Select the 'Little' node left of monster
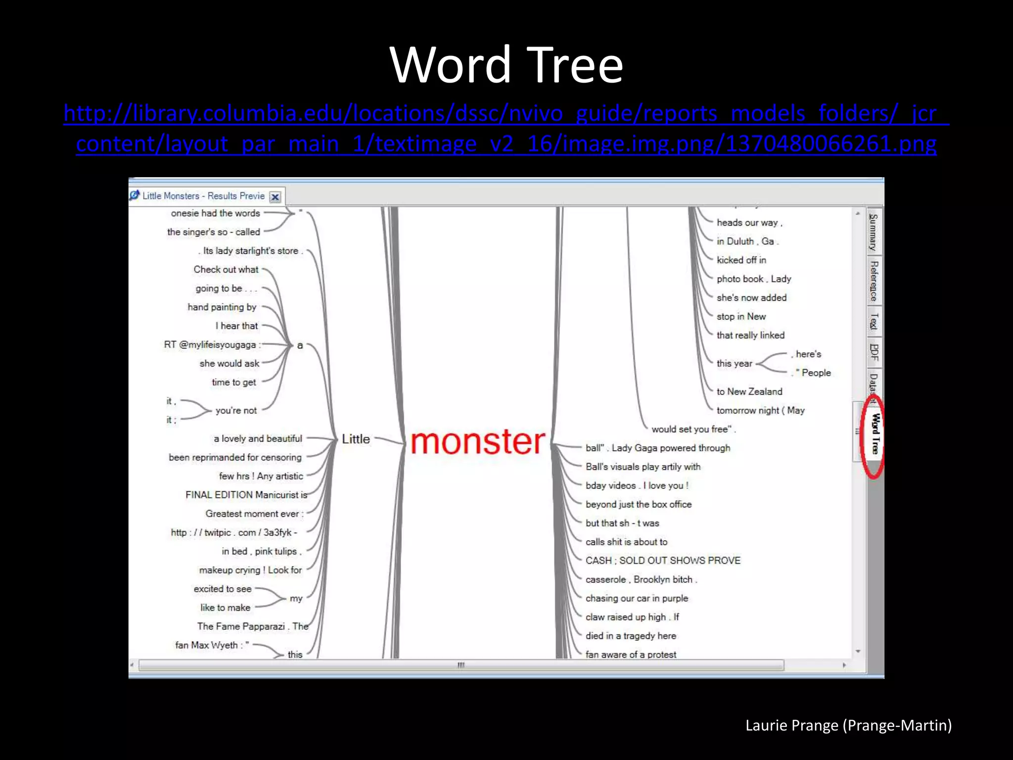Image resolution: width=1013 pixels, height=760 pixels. tap(356, 439)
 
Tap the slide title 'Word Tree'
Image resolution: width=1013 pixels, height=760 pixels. tap(506, 65)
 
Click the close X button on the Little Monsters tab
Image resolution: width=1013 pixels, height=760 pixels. tap(276, 197)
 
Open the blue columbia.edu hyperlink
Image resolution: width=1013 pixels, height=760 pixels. tap(506, 128)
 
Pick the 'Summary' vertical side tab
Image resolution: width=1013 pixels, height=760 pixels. tap(874, 232)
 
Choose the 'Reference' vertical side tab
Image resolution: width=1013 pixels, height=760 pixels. tap(874, 281)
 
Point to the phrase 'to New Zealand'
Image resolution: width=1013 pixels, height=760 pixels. tap(749, 391)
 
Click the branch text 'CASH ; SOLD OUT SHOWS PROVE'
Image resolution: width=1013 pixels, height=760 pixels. tap(663, 561)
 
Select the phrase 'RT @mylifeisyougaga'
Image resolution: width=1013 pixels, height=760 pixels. tap(210, 345)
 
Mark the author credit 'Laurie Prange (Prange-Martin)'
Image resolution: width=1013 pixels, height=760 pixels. tap(848, 725)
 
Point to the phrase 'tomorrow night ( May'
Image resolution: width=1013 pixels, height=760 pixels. tap(760, 410)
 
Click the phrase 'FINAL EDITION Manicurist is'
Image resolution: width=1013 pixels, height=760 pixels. tap(246, 495)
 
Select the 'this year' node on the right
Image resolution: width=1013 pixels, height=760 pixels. tap(734, 364)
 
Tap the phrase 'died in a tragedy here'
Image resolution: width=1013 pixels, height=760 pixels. tap(631, 636)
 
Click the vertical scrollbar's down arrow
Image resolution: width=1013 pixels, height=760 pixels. tap(858, 652)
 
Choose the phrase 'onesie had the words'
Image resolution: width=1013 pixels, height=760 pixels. tap(215, 213)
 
